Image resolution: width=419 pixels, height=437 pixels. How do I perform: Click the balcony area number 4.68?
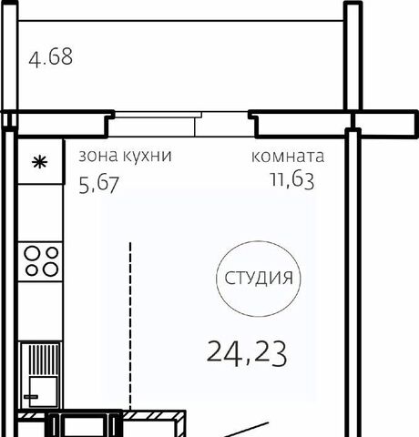point(51,56)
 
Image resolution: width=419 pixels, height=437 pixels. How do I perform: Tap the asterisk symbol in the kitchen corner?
point(40,162)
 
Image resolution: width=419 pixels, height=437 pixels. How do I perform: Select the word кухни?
point(148,157)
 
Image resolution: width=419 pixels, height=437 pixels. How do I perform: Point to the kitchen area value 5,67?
point(99,184)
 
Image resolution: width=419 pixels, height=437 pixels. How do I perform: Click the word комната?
point(288,157)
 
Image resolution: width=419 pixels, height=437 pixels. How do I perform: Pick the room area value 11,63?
point(292,179)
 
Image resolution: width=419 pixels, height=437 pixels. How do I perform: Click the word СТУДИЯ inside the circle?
point(259,278)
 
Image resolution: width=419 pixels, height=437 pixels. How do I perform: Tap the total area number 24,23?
point(247,353)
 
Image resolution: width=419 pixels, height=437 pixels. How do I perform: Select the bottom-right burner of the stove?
point(50,269)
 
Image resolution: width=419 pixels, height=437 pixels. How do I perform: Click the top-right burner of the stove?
point(52,252)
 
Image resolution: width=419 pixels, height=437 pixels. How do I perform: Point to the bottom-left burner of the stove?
point(32,270)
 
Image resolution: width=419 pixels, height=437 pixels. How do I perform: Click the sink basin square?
point(43,391)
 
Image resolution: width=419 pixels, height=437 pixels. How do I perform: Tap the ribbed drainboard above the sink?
point(43,360)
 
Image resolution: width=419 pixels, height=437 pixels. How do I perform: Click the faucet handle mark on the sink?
point(31,397)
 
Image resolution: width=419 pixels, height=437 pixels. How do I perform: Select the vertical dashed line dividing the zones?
point(130,326)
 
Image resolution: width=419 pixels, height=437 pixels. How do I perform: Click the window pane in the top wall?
point(155,115)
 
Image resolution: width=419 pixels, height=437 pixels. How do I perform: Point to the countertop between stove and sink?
point(40,311)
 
